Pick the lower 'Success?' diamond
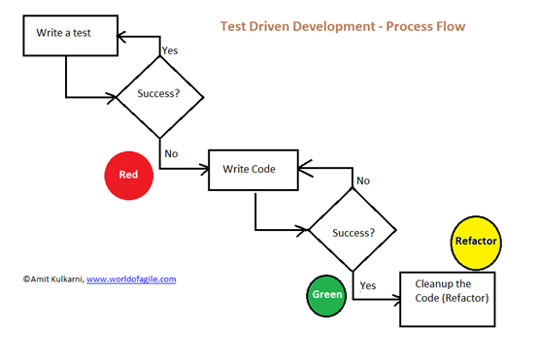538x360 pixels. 353,233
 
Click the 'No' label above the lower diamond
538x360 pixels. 362,180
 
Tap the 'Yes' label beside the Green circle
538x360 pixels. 368,285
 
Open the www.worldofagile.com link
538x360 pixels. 131,278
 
